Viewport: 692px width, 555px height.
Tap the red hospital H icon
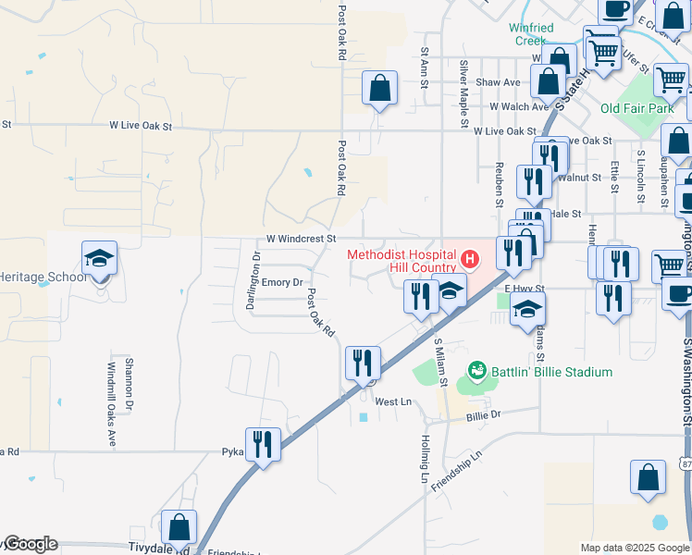coord(471,258)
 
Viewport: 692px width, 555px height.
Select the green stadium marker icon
coord(477,372)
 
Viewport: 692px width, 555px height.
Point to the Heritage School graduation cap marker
coord(100,260)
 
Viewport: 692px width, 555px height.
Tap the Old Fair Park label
coord(637,108)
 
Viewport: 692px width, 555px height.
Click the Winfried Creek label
coord(531,34)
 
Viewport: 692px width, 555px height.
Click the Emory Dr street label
coord(282,282)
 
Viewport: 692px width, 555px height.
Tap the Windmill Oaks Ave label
coord(111,405)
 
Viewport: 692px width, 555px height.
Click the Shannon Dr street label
coord(130,384)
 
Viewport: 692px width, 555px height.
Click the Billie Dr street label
coord(483,416)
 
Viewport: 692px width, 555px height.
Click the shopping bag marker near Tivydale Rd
coord(179,527)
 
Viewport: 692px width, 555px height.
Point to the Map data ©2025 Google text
coord(634,548)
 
